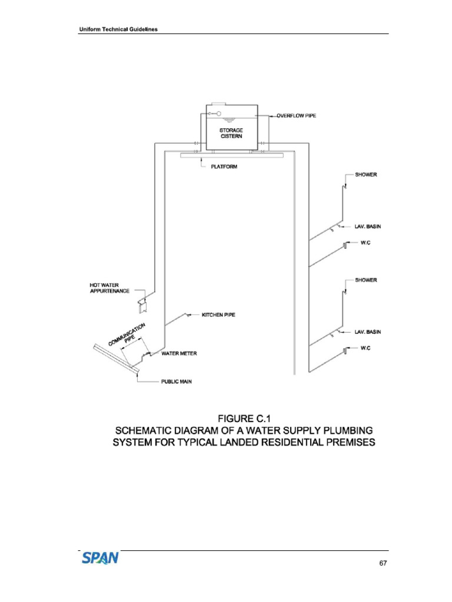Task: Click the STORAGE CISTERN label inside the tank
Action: click(231, 133)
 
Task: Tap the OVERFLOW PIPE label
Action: click(296, 116)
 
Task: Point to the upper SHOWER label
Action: click(366, 175)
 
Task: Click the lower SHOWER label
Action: click(366, 280)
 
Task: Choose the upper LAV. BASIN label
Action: click(367, 226)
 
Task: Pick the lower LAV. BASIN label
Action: click(367, 332)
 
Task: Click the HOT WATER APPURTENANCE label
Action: click(109, 289)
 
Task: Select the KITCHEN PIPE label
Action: click(218, 315)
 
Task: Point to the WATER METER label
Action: click(179, 354)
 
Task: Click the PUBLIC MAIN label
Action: click(177, 382)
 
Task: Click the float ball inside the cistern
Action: click(218, 114)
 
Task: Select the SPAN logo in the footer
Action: click(100, 557)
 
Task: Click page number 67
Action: click(383, 563)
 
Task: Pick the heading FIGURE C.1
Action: click(244, 419)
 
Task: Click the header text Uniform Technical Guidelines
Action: click(118, 30)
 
